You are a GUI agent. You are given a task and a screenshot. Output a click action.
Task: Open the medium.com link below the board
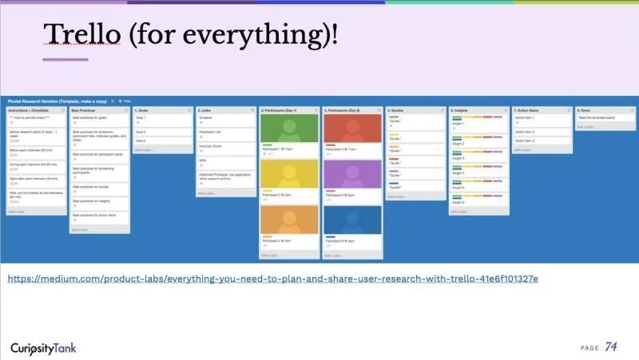[x=272, y=279]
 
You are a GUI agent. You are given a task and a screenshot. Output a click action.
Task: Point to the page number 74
[x=611, y=346]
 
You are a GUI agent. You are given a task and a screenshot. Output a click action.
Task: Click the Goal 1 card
[x=162, y=118]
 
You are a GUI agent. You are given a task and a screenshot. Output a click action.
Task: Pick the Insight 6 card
[x=478, y=201]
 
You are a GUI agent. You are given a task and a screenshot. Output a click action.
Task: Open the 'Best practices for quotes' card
[x=99, y=186]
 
